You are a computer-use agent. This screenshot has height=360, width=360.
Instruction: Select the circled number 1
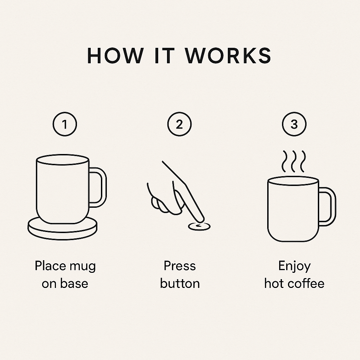click(65, 124)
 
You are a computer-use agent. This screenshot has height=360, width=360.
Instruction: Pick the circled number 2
click(179, 124)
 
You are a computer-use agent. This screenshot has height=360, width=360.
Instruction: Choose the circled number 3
click(294, 124)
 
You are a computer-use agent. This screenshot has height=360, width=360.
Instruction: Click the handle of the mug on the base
click(104, 187)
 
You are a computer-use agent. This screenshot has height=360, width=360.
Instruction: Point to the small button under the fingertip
click(199, 227)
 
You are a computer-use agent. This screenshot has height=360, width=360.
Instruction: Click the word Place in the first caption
click(50, 266)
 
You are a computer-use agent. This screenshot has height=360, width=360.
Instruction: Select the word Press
click(180, 266)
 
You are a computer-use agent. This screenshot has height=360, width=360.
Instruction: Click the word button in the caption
click(180, 283)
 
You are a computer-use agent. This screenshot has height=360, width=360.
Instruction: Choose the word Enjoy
click(294, 267)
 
